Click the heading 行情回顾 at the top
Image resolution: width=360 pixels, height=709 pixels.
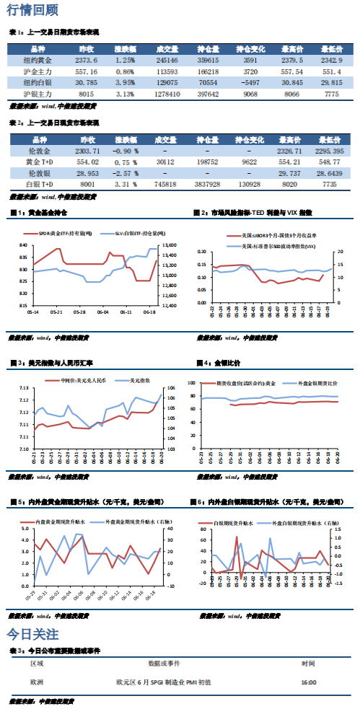click(28, 10)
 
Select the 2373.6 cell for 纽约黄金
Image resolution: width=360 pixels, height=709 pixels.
click(86, 61)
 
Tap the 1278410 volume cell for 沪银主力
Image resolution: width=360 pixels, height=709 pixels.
click(167, 94)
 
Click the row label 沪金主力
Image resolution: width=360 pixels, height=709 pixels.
click(35, 72)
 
